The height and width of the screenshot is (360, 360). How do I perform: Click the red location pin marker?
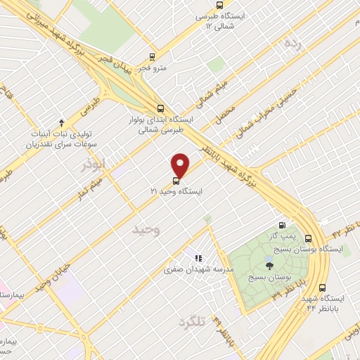(181, 165)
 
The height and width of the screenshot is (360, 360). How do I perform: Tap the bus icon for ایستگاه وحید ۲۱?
(176, 179)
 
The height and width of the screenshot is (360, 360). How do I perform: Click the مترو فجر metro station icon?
(153, 57)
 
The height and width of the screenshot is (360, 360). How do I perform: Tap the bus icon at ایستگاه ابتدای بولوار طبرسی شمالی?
(162, 108)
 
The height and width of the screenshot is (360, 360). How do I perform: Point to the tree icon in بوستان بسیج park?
(270, 265)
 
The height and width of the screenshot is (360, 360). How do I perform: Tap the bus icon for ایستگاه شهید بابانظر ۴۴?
(322, 287)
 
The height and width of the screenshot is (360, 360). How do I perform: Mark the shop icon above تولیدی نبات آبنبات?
(61, 123)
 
